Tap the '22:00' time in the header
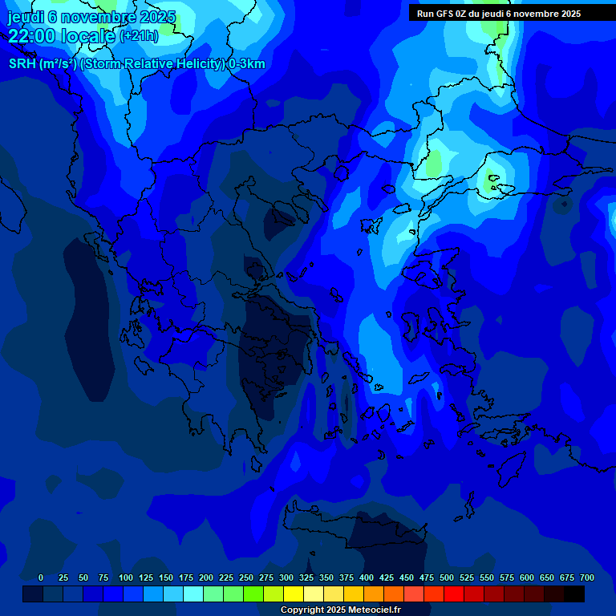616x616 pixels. coord(31,35)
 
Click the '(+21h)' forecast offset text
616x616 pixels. coord(139,36)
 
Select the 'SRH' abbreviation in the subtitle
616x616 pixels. coord(22,64)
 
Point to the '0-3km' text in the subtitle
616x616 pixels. coord(247,64)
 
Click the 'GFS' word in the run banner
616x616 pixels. coord(445,14)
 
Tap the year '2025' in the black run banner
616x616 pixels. coord(570,14)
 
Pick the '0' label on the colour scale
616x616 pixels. coord(41,577)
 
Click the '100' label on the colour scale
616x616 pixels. coord(126,577)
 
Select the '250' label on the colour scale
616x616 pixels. coord(246,577)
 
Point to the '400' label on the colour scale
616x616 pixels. coord(367,577)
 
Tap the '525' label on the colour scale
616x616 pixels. coord(467,577)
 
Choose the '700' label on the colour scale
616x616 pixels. coord(587,577)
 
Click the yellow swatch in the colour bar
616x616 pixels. coord(294,594)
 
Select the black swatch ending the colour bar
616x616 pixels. coord(574,594)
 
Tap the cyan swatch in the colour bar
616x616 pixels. coord(193,594)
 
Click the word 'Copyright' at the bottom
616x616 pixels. coord(301,610)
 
